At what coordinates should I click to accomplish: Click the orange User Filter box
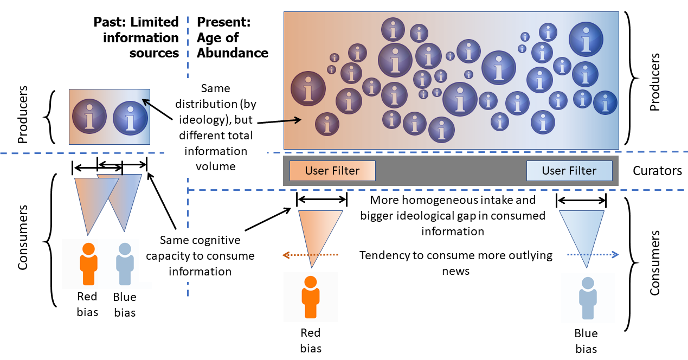point(332,171)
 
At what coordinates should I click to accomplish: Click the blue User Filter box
point(569,171)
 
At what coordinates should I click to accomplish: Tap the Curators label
point(657,171)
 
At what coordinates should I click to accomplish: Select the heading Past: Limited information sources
point(136,37)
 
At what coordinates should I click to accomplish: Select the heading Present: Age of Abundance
point(232,37)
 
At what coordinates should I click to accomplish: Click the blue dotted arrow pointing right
point(593,254)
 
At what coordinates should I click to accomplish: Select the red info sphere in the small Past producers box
point(89,116)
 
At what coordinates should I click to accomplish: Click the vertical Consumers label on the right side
point(654,262)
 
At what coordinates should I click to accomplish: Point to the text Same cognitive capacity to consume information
point(200,255)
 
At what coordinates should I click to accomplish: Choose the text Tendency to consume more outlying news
point(455,262)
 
